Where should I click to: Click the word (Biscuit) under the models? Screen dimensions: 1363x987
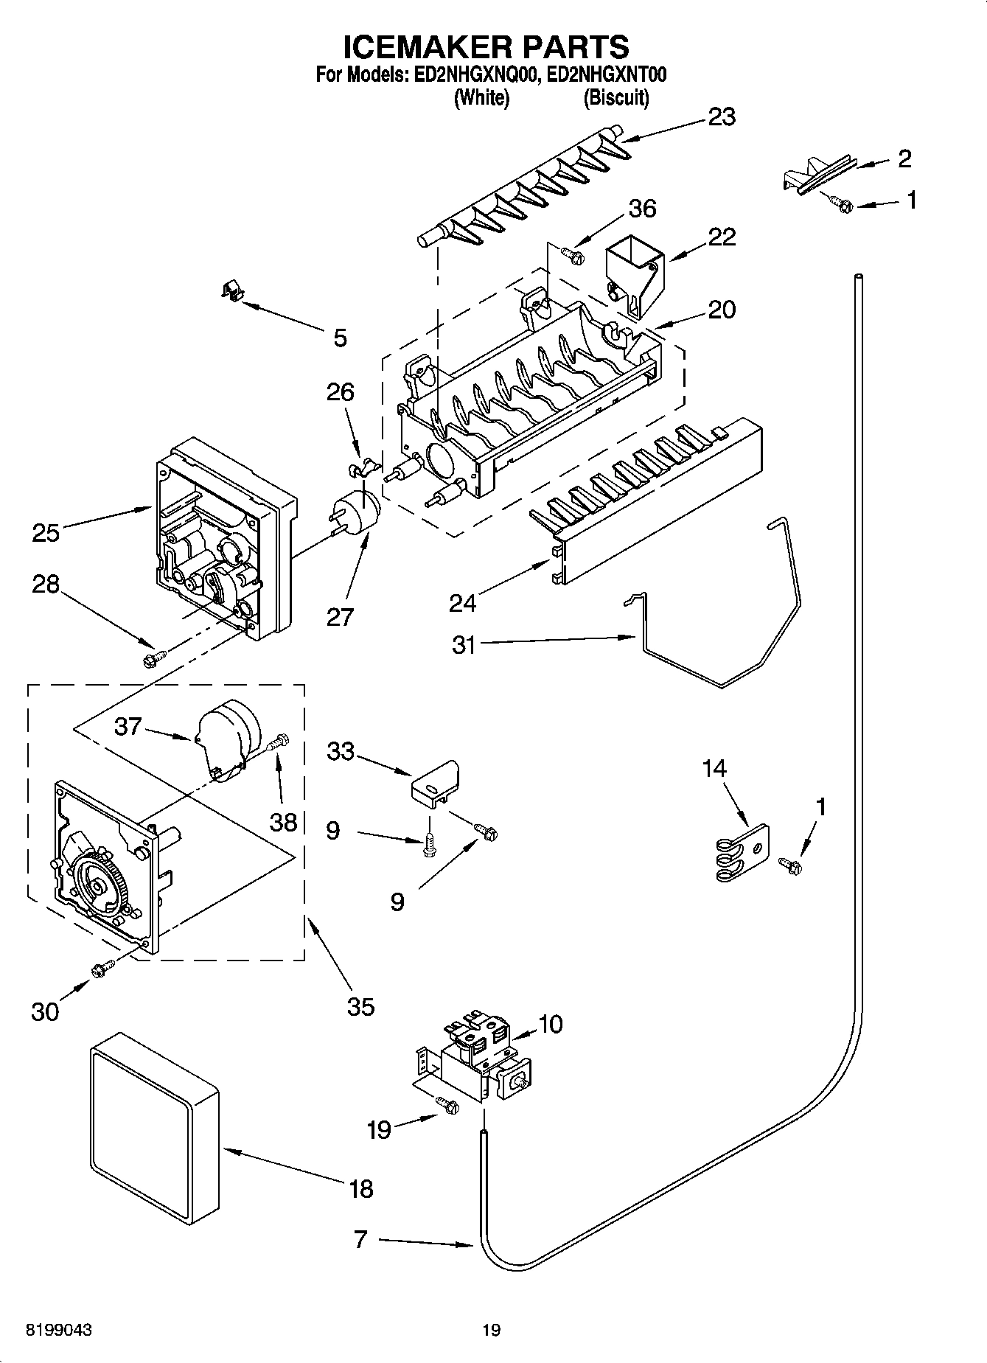coord(615,97)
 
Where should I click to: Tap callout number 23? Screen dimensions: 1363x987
coord(721,117)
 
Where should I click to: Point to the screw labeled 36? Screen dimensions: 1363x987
coord(573,255)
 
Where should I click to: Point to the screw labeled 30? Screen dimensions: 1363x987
coord(101,970)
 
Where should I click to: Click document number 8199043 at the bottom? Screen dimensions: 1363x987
coord(59,1330)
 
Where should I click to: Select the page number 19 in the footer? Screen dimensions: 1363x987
coord(491,1330)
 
